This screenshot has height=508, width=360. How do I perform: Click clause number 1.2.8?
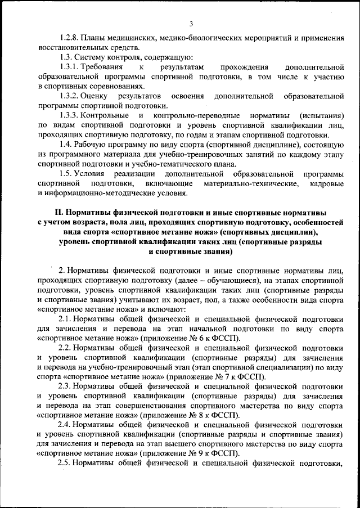click(69, 38)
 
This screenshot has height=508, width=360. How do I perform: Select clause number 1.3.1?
click(69, 67)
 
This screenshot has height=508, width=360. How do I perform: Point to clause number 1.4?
click(66, 145)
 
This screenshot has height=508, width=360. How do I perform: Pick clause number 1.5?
click(66, 174)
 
